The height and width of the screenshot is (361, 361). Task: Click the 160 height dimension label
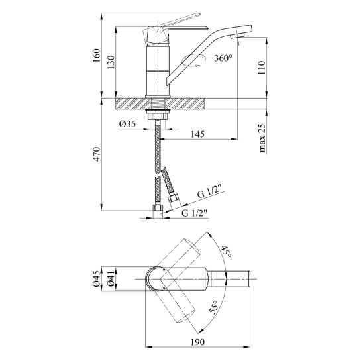97,55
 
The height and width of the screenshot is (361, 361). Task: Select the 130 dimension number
111,62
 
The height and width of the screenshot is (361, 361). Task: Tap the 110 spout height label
262,68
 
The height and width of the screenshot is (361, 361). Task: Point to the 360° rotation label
223,58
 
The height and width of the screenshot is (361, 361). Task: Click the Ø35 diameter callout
127,124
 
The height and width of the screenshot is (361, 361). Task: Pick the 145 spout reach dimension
197,134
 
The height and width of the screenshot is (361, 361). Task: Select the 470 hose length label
97,154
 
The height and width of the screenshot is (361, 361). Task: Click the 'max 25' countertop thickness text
262,138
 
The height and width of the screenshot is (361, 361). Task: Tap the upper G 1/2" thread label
209,193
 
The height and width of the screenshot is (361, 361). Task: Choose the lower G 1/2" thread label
195,213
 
